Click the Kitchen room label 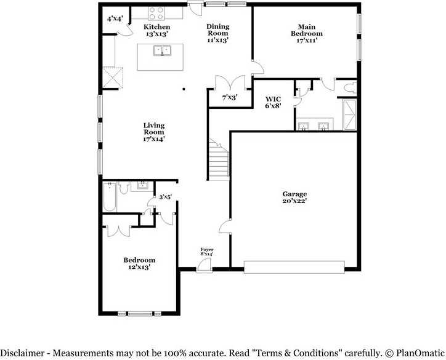coord(157,27)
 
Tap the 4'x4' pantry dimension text coord(115,19)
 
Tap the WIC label coord(274,98)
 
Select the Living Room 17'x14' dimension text coord(154,139)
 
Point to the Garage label coord(294,194)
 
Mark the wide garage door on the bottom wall coord(294,266)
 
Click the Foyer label coord(207,249)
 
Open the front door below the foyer coord(203,265)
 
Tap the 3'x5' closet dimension coord(165,198)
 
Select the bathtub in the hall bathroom coord(110,197)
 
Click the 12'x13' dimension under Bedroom coord(139,267)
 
